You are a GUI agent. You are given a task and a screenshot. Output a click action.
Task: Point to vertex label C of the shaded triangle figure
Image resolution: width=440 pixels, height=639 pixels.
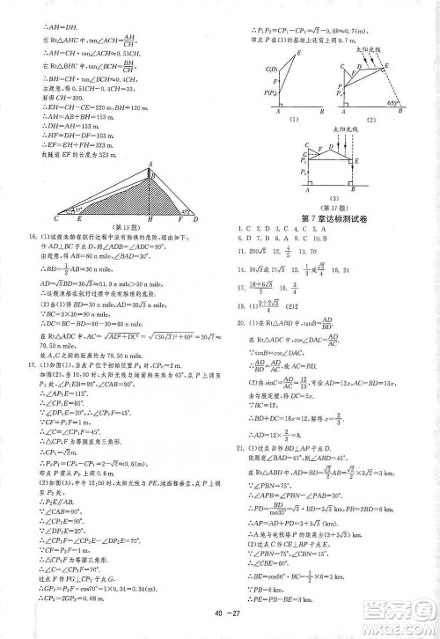(x=55, y=218)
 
